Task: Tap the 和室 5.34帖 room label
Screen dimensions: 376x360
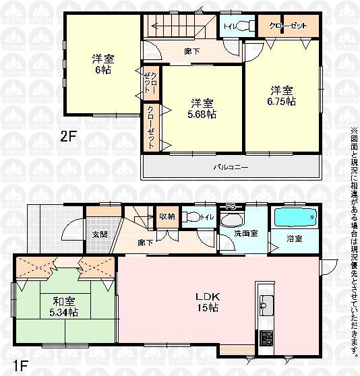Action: pyautogui.click(x=61, y=307)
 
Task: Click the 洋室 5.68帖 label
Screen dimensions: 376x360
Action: pyautogui.click(x=202, y=108)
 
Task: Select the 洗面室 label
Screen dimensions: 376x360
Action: pyautogui.click(x=243, y=233)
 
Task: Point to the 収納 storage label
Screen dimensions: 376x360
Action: pyautogui.click(x=166, y=217)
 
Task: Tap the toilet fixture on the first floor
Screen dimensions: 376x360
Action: pyautogui.click(x=194, y=218)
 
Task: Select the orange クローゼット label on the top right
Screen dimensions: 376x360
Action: pyautogui.click(x=288, y=26)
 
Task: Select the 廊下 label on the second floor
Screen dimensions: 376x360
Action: pyautogui.click(x=191, y=51)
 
